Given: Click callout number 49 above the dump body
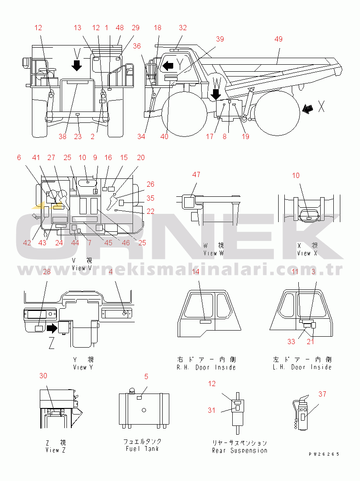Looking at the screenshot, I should click(x=279, y=39).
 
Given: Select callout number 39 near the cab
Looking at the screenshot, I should click(x=220, y=39).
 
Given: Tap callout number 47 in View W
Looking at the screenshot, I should click(x=196, y=175).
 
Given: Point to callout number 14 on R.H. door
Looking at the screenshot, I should click(x=196, y=272).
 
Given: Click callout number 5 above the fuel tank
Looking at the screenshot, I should click(x=146, y=376).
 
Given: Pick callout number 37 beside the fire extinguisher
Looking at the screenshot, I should click(x=322, y=394).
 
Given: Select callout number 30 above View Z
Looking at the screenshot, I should click(x=43, y=376).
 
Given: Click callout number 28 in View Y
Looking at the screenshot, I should click(x=47, y=272).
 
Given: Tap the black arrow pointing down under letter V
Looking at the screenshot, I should click(x=77, y=66).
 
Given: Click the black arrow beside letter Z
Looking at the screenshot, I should click(x=53, y=327).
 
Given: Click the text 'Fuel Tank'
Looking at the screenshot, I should click(x=142, y=449).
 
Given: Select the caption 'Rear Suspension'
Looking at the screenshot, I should click(x=239, y=450).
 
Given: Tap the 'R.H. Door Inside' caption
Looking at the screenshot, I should click(x=206, y=367).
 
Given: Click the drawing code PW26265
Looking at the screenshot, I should click(x=324, y=454).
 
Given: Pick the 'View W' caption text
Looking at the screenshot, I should click(x=213, y=253).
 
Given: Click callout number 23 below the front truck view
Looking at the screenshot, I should click(x=77, y=136).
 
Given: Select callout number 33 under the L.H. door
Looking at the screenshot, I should click(x=291, y=342).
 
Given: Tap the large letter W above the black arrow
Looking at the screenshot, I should click(x=215, y=81).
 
